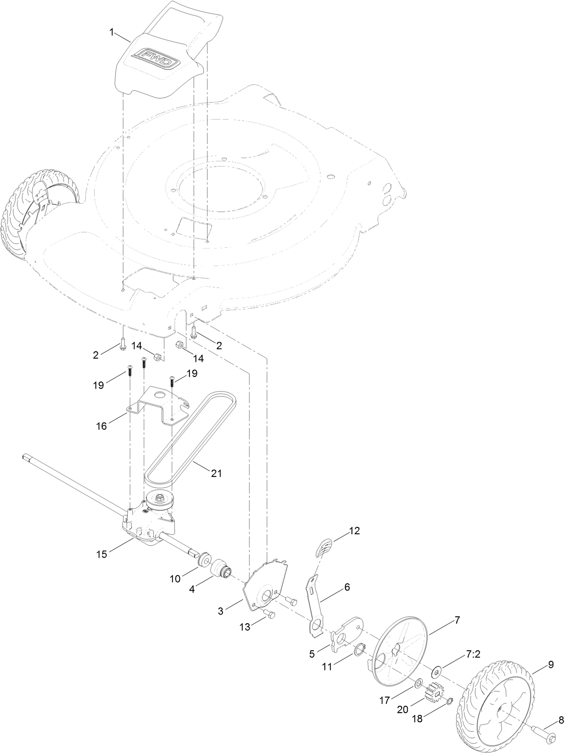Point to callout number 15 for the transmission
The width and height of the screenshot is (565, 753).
[x=101, y=554]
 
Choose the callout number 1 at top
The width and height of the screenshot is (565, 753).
[x=111, y=32]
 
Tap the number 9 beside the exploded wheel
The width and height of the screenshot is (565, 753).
[x=550, y=664]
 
